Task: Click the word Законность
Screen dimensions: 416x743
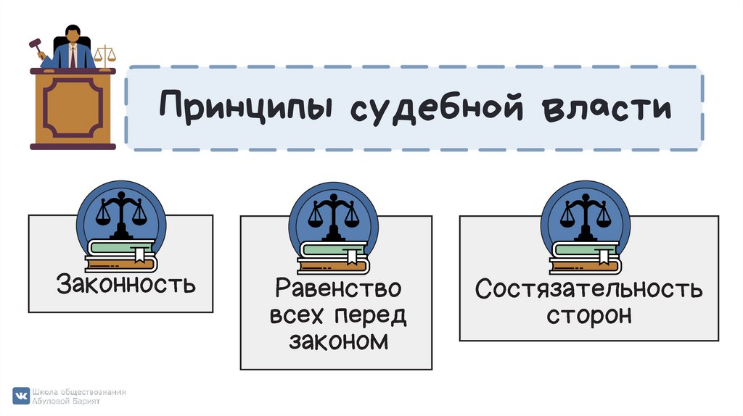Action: [126, 283]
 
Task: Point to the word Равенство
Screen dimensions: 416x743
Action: [338, 288]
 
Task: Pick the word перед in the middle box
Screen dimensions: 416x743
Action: [370, 315]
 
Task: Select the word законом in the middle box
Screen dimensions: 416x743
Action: [338, 341]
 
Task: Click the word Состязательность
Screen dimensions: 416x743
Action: [588, 289]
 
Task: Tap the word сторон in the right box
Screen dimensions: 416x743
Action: [588, 315]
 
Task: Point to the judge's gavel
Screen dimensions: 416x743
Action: [35, 47]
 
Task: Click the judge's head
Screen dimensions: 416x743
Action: [73, 33]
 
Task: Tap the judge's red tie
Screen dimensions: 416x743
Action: [73, 57]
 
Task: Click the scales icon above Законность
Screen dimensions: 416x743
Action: [120, 215]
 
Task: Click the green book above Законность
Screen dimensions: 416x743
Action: [120, 246]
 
